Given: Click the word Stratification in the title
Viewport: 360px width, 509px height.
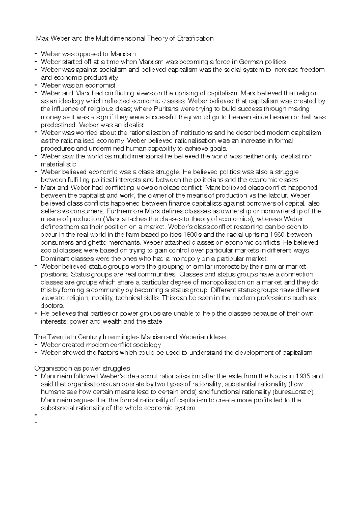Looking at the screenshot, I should [195, 38].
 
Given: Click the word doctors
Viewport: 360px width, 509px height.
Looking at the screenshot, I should [52, 306].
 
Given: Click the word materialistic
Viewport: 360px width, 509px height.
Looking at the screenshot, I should [58, 164].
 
